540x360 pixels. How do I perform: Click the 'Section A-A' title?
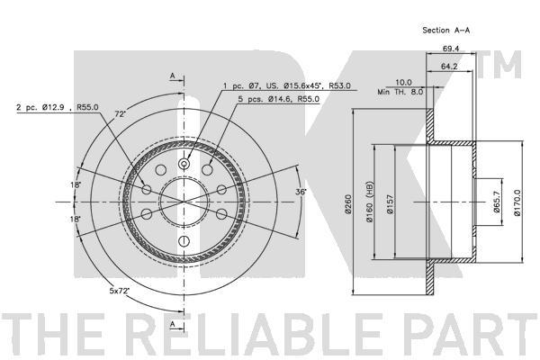coord(446,31)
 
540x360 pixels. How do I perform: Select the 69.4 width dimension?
coord(451,49)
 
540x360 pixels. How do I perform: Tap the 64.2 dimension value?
coord(449,66)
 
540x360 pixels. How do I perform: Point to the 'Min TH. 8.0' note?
coord(400,92)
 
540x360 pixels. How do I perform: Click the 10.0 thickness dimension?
coord(403,82)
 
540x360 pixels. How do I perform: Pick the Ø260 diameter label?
coord(348,204)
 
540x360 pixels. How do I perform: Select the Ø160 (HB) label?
coord(370,202)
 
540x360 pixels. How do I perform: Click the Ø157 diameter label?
coord(390,204)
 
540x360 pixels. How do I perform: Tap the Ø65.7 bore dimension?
coord(497,202)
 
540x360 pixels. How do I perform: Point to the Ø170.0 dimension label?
coord(517,202)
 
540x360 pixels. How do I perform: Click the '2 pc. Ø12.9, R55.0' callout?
coord(58,107)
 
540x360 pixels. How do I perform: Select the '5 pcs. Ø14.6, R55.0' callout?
coord(279,99)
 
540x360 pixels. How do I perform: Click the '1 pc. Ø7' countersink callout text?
coord(287,85)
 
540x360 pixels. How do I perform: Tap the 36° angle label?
coord(301,192)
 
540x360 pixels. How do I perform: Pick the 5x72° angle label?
coord(119,291)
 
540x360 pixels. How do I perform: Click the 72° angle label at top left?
coord(120,114)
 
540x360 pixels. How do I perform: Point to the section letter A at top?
coord(173,76)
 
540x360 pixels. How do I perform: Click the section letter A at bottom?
coord(173,324)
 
